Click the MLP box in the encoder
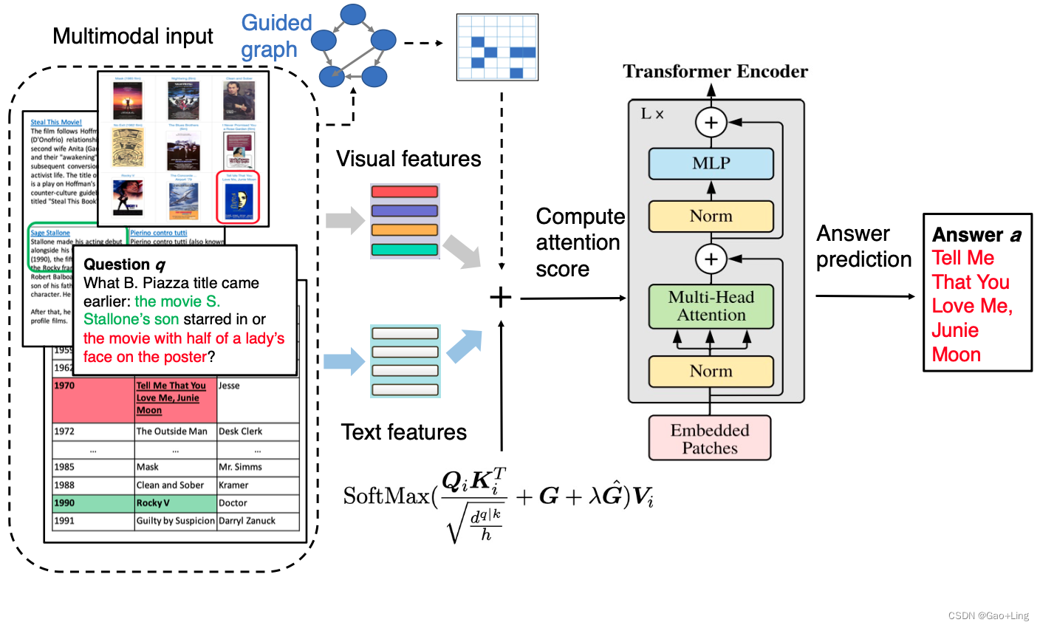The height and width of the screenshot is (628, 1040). coord(711,163)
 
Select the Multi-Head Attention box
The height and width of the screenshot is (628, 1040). coord(711,306)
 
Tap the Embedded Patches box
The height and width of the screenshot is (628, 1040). coord(709,438)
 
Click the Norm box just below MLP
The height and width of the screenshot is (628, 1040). coord(711,216)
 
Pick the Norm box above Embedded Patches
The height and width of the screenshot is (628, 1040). coord(711,371)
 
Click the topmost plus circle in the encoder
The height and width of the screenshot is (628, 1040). coord(711,123)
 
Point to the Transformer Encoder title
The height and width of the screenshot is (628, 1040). coord(715,72)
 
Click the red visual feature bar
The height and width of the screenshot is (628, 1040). coord(405,192)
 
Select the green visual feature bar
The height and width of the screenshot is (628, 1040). coord(405,250)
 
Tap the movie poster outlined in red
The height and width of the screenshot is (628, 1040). coord(238,197)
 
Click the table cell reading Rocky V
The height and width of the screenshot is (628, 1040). coord(153,503)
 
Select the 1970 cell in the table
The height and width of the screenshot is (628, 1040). coord(64,386)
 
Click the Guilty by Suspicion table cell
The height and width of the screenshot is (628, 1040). coord(175,521)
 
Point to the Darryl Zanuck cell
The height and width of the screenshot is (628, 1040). coord(247,521)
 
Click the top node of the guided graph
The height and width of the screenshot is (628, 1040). coord(353,14)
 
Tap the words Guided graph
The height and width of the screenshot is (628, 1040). coord(276,35)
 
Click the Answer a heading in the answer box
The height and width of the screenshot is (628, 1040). coord(976,235)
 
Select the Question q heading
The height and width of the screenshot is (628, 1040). coord(124,264)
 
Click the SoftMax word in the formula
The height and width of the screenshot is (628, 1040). coord(386,496)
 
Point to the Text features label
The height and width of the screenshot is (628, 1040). coord(403,432)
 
